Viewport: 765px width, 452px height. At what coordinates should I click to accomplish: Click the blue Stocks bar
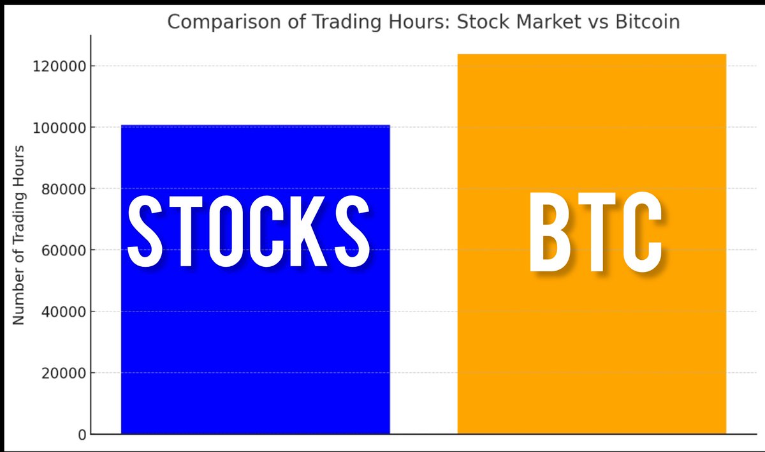pyautogui.click(x=255, y=345)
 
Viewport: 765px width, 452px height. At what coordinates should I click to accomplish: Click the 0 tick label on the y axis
pyautogui.click(x=81, y=435)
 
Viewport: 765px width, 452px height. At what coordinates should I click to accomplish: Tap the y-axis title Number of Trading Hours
pyautogui.click(x=19, y=235)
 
